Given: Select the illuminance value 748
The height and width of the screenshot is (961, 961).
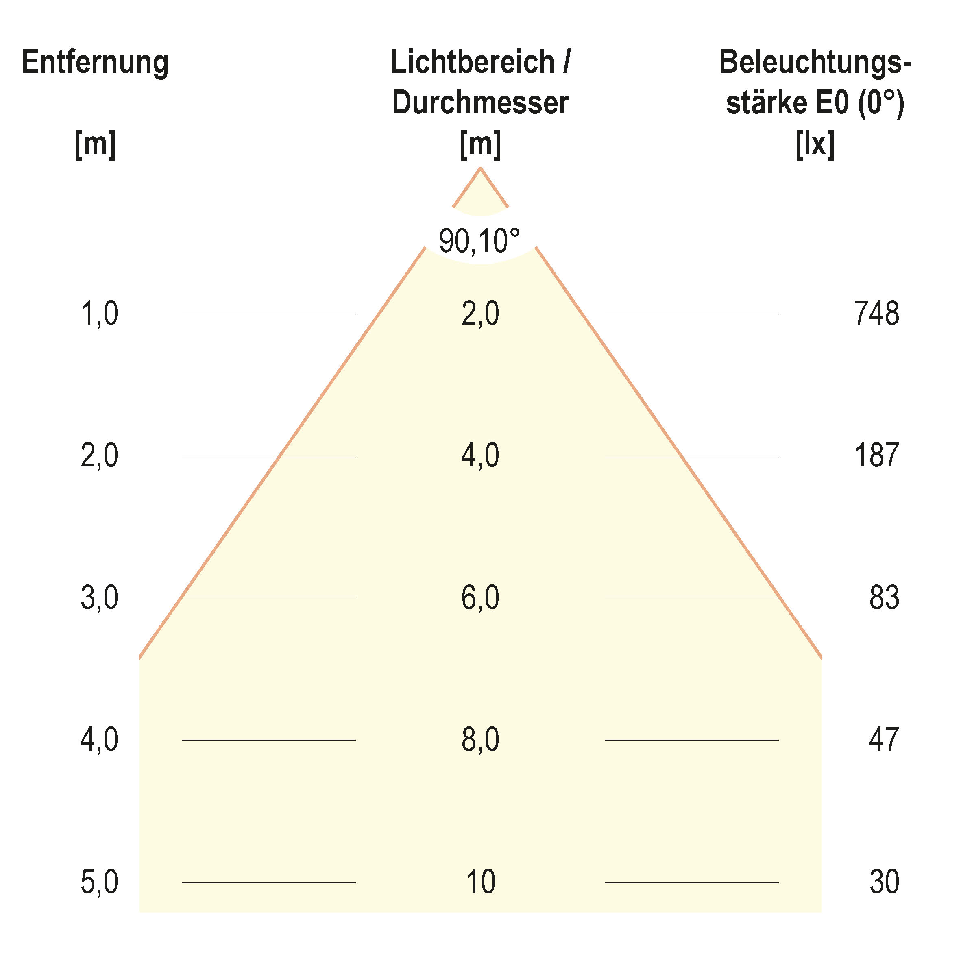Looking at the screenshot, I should (876, 314).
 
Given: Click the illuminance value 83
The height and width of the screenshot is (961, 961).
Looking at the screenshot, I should (884, 597).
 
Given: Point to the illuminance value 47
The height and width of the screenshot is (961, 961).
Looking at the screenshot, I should (883, 740).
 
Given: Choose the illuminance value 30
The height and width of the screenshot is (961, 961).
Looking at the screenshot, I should (884, 882).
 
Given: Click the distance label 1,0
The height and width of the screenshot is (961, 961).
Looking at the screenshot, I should (100, 314).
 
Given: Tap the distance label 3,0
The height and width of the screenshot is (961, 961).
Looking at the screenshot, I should (100, 598).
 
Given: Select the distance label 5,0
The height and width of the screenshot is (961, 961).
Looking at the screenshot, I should (100, 883).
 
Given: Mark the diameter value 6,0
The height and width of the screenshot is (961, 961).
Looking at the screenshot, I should (480, 598).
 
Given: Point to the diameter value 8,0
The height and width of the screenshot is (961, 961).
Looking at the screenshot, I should (480, 740).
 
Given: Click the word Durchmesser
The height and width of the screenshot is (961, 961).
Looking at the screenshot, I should (480, 103).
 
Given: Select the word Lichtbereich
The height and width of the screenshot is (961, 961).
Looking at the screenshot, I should (472, 63).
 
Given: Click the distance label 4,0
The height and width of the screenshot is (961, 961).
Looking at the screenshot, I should (100, 740).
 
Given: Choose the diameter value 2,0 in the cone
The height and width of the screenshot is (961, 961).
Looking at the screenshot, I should (480, 314).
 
